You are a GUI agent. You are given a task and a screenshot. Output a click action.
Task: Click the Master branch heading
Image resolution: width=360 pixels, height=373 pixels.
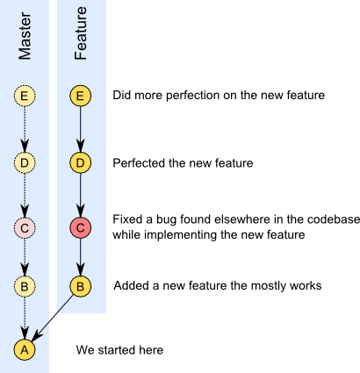(x=25, y=36)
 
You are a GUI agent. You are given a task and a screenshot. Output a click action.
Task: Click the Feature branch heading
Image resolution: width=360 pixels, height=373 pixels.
(x=81, y=33)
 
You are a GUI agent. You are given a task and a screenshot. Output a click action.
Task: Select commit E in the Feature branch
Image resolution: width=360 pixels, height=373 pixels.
(x=81, y=96)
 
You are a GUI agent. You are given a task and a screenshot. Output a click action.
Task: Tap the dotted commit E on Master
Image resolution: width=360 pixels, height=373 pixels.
(x=25, y=96)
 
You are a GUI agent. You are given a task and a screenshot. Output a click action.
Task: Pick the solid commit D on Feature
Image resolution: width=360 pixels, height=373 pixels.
(x=81, y=162)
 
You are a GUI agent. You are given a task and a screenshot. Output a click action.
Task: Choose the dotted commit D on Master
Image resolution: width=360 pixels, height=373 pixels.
(x=25, y=162)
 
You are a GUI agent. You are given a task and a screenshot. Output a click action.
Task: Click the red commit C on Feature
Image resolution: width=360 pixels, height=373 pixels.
(x=81, y=227)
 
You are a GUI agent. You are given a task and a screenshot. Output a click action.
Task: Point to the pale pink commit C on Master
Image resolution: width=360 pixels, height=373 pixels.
(x=25, y=227)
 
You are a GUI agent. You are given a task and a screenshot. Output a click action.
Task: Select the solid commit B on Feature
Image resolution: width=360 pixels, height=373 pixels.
(x=81, y=286)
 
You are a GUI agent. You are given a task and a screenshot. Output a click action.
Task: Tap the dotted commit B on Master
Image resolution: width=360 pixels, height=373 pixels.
(x=25, y=286)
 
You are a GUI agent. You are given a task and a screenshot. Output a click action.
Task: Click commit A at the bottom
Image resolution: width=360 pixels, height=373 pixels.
(x=25, y=349)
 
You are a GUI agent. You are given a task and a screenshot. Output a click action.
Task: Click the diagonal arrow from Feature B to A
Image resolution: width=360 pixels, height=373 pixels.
(x=53, y=318)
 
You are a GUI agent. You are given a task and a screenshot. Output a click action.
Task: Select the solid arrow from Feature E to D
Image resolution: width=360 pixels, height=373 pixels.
(x=81, y=129)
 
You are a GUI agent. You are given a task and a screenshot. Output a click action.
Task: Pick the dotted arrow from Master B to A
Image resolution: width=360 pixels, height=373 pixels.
(x=25, y=318)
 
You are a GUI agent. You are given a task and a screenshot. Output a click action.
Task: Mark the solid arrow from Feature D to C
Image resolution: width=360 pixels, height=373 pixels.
(x=81, y=195)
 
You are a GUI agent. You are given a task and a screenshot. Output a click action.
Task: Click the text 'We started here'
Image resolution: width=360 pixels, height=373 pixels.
(x=119, y=350)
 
